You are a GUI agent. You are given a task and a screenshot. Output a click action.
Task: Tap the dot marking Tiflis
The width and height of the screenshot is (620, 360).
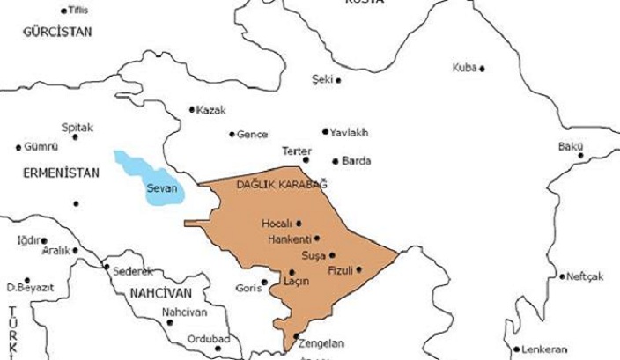pyautogui.click(x=63, y=11)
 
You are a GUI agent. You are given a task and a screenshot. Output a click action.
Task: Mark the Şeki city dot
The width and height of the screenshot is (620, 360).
pyautogui.click(x=339, y=80)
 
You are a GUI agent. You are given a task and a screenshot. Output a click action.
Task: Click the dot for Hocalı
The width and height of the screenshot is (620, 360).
pyautogui.click(x=299, y=224)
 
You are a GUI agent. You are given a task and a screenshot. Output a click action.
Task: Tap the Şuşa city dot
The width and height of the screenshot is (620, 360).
pyautogui.click(x=332, y=255)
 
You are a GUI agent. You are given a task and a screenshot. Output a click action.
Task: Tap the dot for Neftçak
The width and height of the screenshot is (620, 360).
pyautogui.click(x=562, y=276)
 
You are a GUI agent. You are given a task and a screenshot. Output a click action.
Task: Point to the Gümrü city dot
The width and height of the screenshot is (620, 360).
pyautogui.click(x=20, y=147)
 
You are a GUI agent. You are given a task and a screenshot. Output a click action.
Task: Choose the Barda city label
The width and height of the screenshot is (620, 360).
pyautogui.click(x=357, y=161)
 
